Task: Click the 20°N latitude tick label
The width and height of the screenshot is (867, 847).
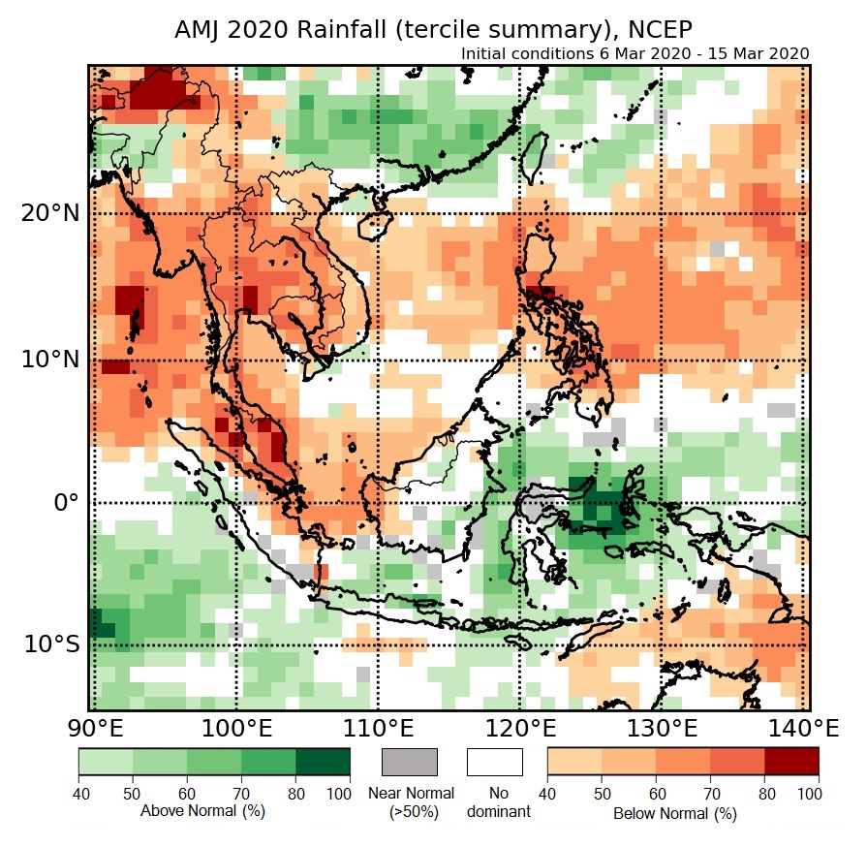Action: (48, 212)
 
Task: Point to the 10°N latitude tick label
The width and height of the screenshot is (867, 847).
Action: (48, 360)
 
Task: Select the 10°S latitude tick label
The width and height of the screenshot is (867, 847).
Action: (48, 644)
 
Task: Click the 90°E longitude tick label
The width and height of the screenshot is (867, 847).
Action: (94, 728)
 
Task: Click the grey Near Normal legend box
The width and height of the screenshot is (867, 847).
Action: (410, 762)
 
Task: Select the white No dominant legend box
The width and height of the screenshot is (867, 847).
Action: (495, 762)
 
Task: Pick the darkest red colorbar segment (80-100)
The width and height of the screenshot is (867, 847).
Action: (791, 762)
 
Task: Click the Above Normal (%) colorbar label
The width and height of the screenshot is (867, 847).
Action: (202, 810)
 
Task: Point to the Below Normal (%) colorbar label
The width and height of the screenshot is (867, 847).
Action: (675, 813)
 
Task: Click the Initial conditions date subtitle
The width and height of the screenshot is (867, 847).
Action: (635, 53)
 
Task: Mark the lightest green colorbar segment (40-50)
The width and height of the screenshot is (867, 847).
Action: (106, 762)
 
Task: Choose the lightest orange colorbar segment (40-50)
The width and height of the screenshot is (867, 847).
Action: (574, 762)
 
